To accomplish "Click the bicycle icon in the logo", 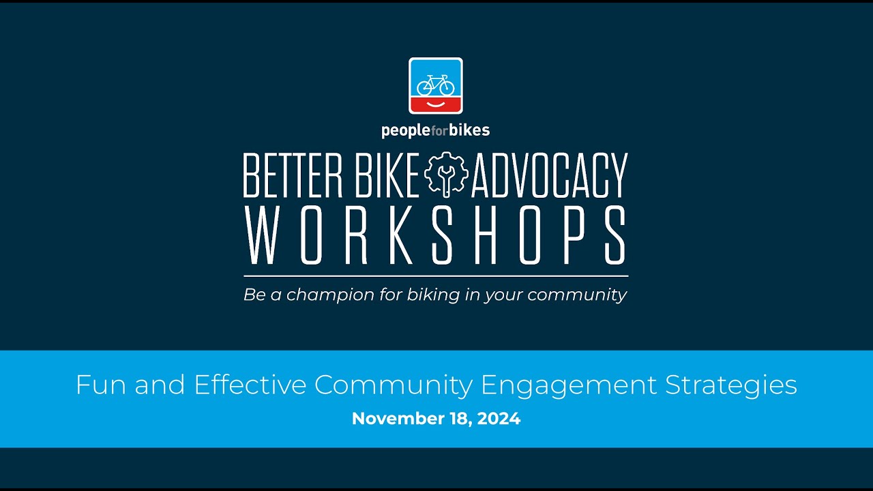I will point(435,85).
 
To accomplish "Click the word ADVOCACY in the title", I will point(549,176).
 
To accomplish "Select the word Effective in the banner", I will point(250,385).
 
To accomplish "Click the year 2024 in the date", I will point(499,419).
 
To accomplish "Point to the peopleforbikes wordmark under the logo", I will point(435,130).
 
